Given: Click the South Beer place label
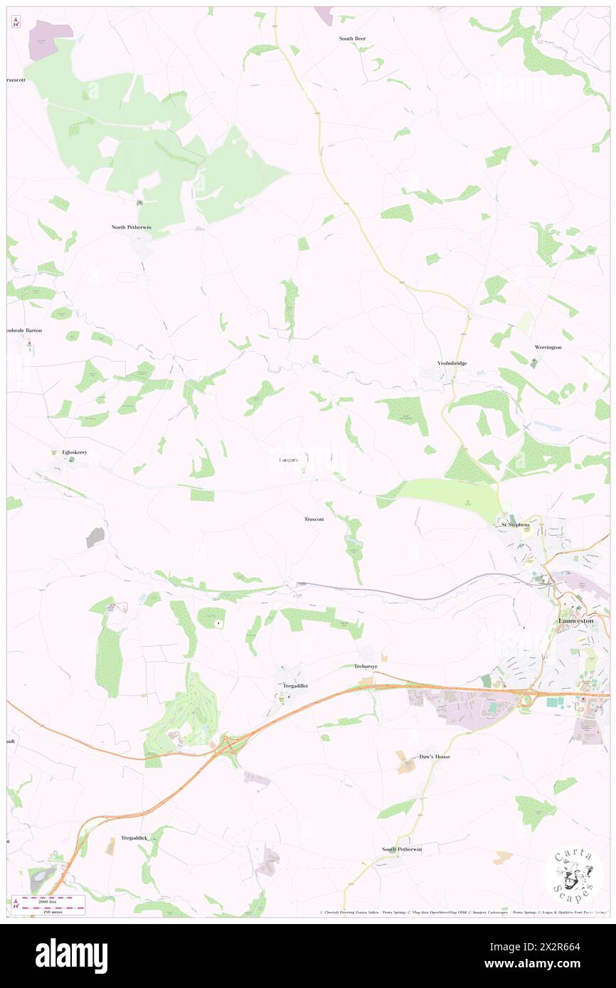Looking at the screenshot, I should tap(352, 38).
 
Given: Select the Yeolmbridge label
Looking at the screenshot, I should tap(452, 363).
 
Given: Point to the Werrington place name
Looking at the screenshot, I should tap(548, 348).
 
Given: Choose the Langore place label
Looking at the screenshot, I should tap(289, 460).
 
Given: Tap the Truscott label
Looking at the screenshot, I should tap(314, 519).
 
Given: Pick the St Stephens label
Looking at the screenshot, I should tap(515, 525).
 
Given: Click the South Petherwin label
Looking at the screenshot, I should tap(401, 849).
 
